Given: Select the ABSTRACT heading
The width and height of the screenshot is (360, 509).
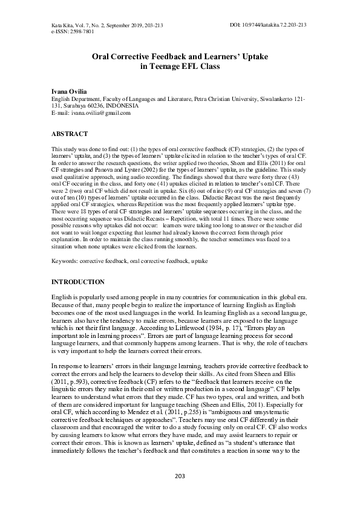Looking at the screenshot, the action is pos(70,134).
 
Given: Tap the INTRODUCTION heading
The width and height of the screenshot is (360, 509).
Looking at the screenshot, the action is pos(77,282).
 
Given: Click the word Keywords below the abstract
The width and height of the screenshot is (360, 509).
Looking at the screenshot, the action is pos(65,260).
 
